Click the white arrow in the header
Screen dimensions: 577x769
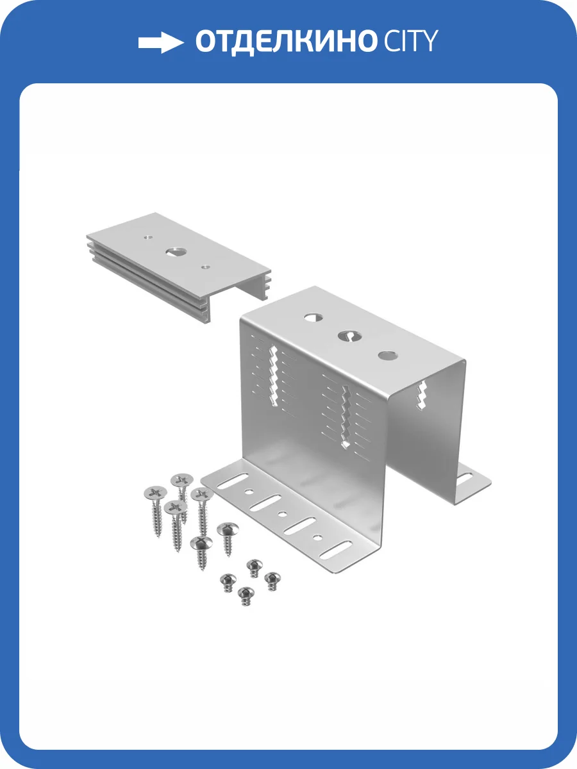[x=161, y=42]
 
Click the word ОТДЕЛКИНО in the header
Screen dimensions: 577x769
[x=285, y=42]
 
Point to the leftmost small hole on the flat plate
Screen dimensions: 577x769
[x=148, y=237]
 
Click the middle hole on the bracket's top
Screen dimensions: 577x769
[x=350, y=336]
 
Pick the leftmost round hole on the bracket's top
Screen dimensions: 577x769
[x=314, y=318]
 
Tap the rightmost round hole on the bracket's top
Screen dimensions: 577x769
[x=388, y=355]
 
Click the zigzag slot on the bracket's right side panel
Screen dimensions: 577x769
[x=422, y=395]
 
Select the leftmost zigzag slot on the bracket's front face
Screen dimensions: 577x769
[x=273, y=376]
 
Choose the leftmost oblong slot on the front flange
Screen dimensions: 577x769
[x=233, y=481]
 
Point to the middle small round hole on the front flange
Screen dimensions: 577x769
[x=282, y=515]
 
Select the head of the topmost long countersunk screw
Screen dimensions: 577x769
[x=182, y=480]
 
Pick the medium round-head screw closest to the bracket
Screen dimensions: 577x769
[x=228, y=528]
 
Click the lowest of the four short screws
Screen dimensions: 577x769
[x=246, y=593]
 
